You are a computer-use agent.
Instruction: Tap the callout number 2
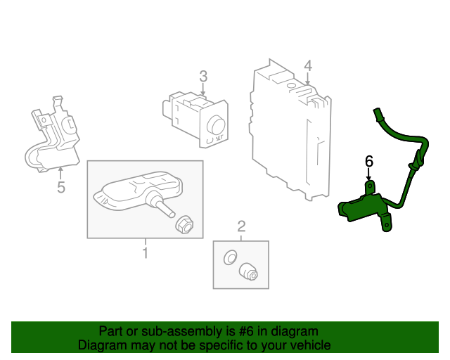241,226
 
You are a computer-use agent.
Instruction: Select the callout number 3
202,76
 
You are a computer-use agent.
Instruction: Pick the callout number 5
60,187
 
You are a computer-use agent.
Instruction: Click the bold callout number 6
368,162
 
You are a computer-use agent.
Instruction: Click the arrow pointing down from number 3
202,89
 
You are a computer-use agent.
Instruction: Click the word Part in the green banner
111,330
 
